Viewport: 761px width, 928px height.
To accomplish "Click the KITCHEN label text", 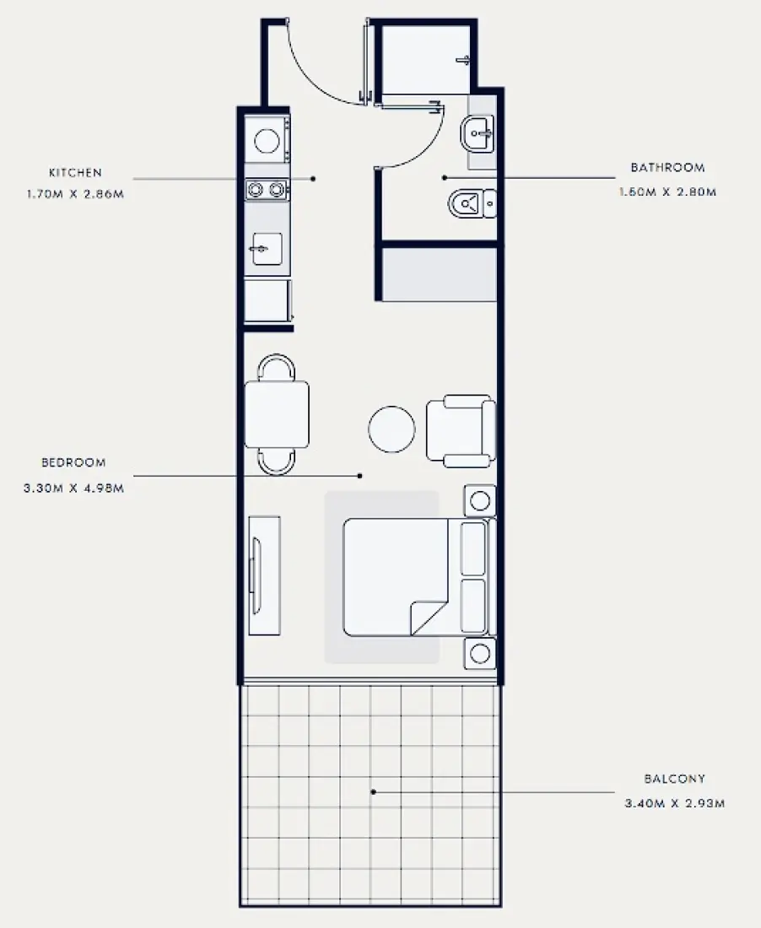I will pos(75,173).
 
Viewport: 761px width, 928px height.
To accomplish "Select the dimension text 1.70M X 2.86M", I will pos(75,193).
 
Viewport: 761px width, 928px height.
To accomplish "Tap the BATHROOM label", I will pos(667,168).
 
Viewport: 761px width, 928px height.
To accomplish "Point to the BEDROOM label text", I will pos(73,462).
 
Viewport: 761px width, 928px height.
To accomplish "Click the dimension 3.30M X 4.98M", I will pos(73,488).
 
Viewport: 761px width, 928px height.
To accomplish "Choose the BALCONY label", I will pos(673,779).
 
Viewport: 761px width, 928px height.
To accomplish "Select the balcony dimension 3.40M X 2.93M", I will pos(674,804).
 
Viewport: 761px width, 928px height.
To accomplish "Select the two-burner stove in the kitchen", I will pos(266,191).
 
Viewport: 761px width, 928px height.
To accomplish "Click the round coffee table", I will pos(391,429).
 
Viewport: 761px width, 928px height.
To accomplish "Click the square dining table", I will pos(276,414).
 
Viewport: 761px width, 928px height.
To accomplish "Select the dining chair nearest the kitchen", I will pos(277,368).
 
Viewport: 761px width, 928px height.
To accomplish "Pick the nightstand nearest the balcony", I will pos(480,653).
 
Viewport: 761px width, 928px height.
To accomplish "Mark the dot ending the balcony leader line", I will pos(373,791).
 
